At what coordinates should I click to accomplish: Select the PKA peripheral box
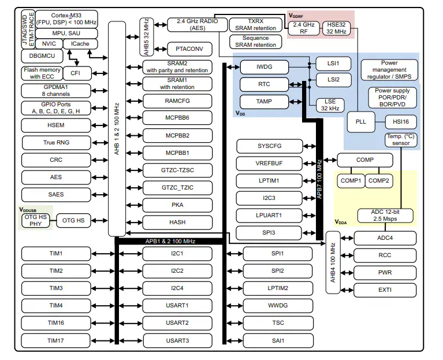177,205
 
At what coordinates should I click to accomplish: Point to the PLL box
361,122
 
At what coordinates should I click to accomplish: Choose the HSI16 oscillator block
400,122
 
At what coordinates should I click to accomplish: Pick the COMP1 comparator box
350,181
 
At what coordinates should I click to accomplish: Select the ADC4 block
385,237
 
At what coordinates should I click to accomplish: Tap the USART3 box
177,340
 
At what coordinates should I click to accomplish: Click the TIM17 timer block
56,340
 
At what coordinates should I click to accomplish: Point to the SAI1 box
277,340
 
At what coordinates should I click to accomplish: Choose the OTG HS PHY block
35,220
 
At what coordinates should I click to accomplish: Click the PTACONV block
189,49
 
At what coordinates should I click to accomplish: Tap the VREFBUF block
269,163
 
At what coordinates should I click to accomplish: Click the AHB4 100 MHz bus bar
333,262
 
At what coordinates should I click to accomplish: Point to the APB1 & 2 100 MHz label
170,241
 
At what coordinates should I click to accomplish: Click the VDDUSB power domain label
28,209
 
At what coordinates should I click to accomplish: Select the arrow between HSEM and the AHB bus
96,124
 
